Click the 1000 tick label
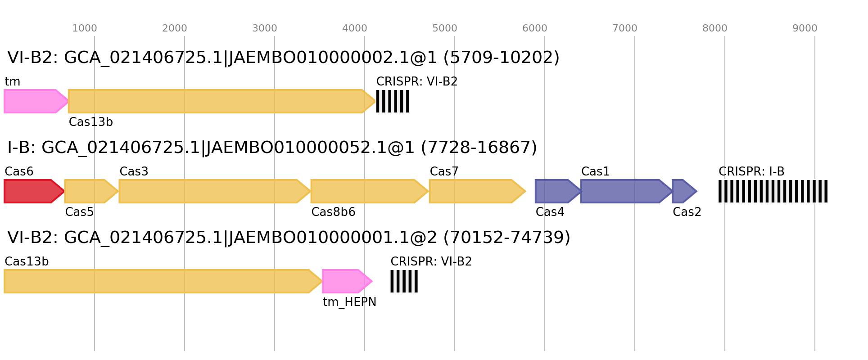pyautogui.click(x=84, y=28)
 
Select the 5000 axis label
pyautogui.click(x=444, y=28)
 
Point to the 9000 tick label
pyautogui.click(x=805, y=28)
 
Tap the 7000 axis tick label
pyautogui.click(x=624, y=28)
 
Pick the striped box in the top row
pyautogui.click(x=393, y=101)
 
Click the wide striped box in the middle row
pyautogui.click(x=773, y=191)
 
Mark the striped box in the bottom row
pyautogui.click(x=404, y=281)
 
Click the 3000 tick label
pyautogui.click(x=264, y=28)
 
